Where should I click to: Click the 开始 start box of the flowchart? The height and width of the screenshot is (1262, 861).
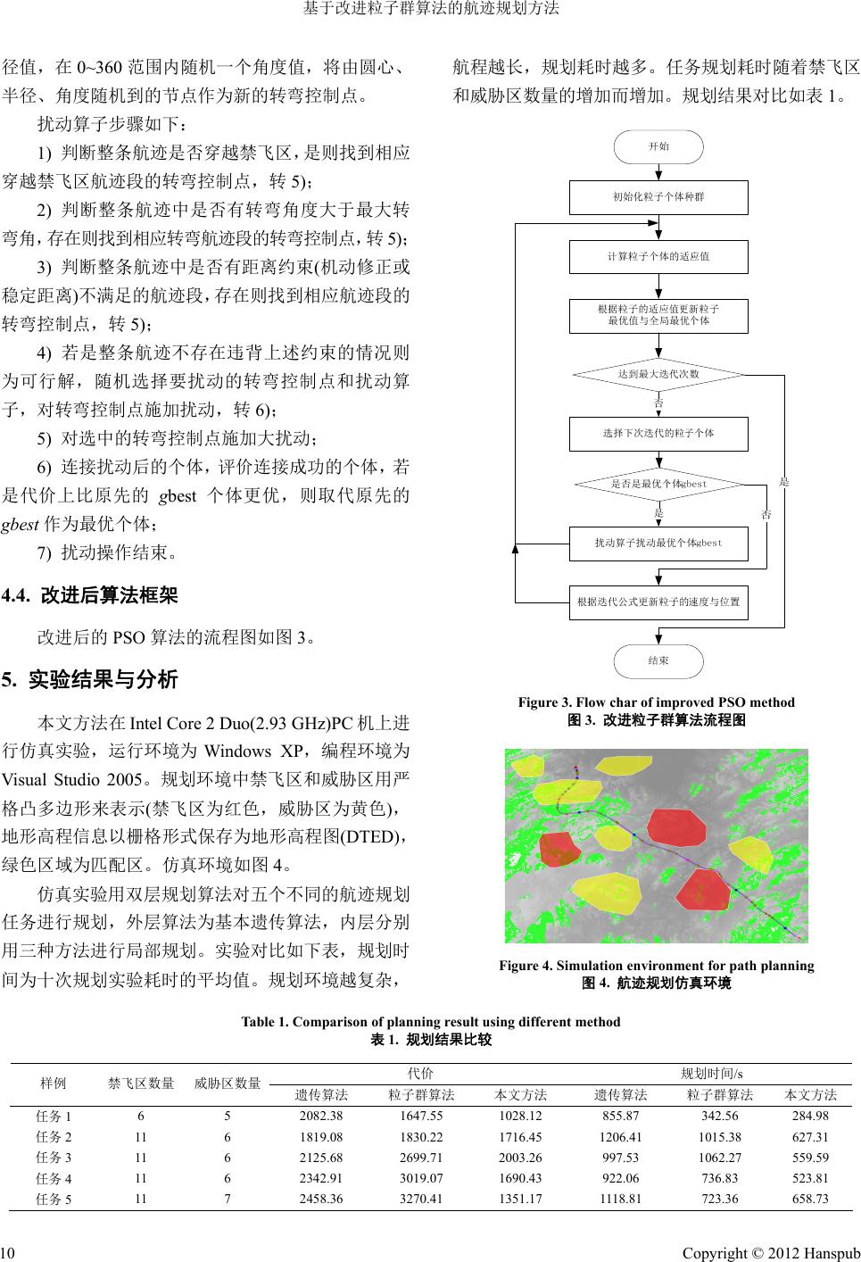(x=658, y=146)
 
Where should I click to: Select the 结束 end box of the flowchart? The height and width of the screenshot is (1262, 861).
(x=658, y=661)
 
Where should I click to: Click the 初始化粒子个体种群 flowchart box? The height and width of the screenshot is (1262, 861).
(x=658, y=196)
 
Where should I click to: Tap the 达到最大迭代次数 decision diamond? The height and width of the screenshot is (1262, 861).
(x=658, y=374)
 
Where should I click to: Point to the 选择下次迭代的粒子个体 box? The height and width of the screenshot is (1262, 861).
(x=658, y=434)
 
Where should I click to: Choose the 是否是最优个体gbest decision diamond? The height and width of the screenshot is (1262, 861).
(x=658, y=484)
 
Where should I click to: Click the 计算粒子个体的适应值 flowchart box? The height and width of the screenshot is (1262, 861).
(x=658, y=256)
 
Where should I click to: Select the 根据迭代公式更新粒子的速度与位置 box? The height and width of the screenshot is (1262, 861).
(x=658, y=602)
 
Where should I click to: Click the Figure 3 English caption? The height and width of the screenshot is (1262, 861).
(x=656, y=702)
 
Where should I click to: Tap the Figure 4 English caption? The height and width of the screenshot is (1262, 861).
(x=656, y=966)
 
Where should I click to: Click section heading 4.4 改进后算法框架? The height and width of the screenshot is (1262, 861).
(x=91, y=594)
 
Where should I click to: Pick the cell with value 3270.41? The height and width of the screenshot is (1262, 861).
(x=422, y=1199)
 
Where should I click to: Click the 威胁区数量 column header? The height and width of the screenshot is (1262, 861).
(x=228, y=1083)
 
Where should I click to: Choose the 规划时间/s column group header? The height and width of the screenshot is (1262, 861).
(x=712, y=1073)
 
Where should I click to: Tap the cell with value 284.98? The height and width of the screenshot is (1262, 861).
(x=810, y=1117)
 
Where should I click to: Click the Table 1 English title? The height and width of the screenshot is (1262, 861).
(x=431, y=1022)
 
